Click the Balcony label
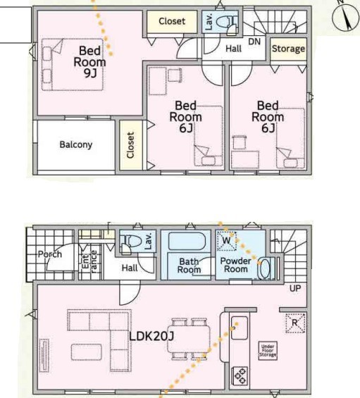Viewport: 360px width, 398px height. tap(75, 144)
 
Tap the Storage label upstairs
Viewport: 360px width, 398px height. tap(288, 49)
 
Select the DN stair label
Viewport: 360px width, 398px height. tap(254, 42)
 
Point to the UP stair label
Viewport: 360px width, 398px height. tap(295, 288)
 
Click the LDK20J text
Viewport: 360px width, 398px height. tap(151, 337)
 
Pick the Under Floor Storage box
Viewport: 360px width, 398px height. tap(268, 351)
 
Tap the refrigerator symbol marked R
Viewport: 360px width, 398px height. tap(295, 323)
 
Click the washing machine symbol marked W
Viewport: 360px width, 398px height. tap(227, 240)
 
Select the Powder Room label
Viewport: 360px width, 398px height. tap(235, 265)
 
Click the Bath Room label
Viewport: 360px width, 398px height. tap(189, 266)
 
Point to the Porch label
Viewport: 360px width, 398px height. tap(50, 254)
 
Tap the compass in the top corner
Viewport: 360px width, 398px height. tap(345, 17)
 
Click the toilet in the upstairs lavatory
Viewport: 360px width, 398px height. tap(226, 23)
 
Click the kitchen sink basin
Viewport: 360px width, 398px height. tap(239, 328)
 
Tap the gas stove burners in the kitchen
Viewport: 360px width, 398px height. tap(240, 375)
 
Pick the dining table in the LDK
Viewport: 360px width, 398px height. tap(189, 339)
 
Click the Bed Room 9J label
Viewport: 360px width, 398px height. tap(89, 62)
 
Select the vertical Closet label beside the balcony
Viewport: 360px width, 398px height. tap(130, 145)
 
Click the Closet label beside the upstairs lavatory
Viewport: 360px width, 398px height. tap(172, 21)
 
